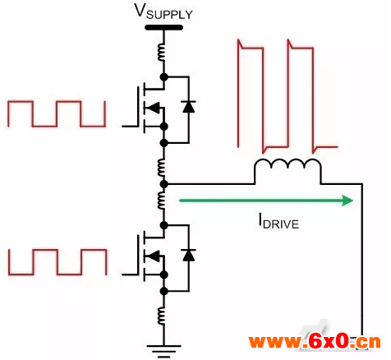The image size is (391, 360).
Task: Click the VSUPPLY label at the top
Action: [163, 12]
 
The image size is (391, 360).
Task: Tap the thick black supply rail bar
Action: [163, 27]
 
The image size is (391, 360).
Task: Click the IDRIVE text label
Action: [278, 222]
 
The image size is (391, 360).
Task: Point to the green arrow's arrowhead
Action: [347, 201]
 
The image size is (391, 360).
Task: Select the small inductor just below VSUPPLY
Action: [162, 53]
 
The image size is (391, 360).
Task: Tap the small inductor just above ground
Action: [162, 316]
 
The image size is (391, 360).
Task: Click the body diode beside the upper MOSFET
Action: [188, 107]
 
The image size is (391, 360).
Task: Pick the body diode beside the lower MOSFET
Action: [188, 255]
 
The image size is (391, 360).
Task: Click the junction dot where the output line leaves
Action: [163, 184]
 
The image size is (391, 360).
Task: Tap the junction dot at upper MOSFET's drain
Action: [163, 77]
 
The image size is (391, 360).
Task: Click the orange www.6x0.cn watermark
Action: [315, 342]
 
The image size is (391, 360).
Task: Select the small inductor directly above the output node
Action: [162, 168]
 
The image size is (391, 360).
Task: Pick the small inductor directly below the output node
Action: [162, 201]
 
